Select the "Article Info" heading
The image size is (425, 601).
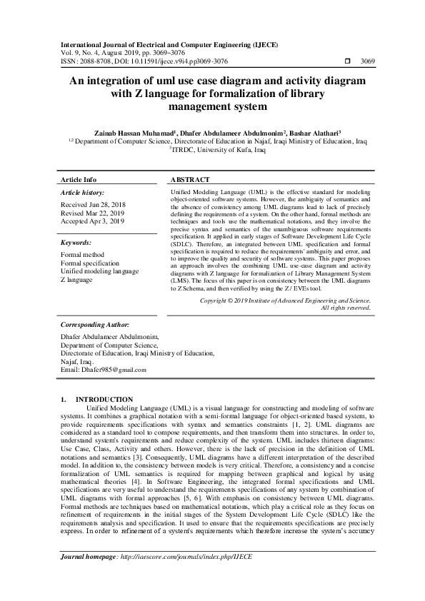tap(79, 179)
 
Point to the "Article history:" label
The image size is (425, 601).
tap(83, 193)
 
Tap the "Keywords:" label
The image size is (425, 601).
tap(76, 243)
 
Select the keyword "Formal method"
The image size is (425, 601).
tap(82, 255)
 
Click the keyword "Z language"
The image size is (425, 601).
tap(76, 280)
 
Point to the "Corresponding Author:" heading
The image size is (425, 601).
tap(94, 324)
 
